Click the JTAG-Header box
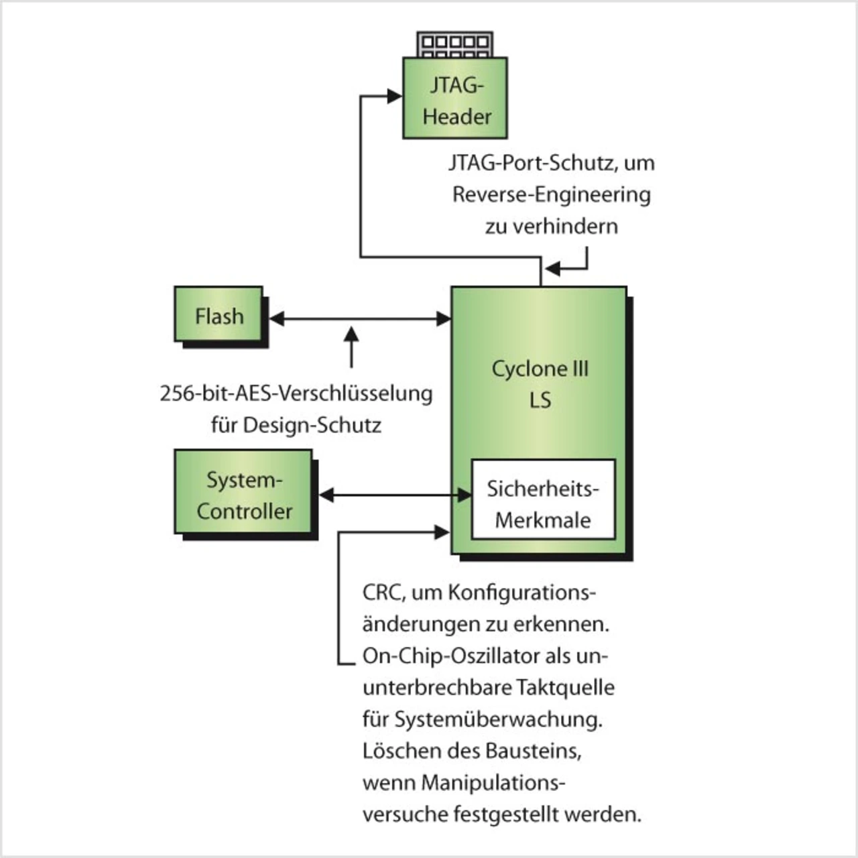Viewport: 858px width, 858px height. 454,99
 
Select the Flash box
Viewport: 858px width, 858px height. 219,315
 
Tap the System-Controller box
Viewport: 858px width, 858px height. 243,493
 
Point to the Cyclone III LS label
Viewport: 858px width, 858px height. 540,383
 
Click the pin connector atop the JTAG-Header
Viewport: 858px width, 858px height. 454,44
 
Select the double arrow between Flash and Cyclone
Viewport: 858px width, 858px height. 360,319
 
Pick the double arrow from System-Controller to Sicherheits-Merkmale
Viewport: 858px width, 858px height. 395,495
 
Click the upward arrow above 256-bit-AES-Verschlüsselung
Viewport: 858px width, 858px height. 351,345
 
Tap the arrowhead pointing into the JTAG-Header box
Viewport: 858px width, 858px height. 395,96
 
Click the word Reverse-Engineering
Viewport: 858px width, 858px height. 551,194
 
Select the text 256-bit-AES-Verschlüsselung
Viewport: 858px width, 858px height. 296,393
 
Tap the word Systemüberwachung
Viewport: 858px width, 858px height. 497,719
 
